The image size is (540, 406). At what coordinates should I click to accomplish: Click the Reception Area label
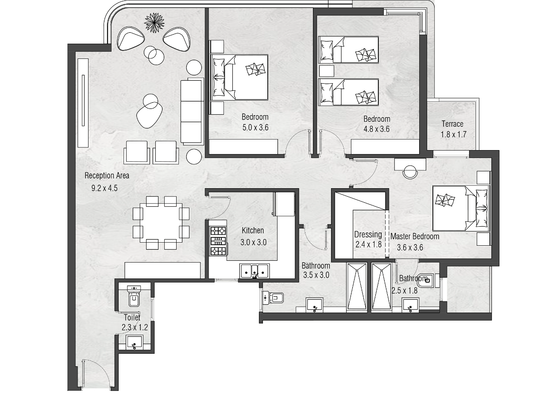coord(107,176)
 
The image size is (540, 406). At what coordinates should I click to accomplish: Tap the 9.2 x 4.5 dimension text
coord(104,188)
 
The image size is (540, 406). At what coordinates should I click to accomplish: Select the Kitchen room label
coord(253,230)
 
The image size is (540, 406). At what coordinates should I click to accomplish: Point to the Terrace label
coord(452,124)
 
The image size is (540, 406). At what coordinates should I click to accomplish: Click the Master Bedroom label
coord(415,236)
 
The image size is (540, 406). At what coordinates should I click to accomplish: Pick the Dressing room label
coord(368,235)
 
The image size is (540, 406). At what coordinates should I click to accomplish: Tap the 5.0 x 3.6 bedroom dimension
coord(255,128)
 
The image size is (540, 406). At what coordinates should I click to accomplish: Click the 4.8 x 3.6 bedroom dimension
coord(377,129)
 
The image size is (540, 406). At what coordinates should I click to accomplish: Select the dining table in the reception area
coord(161,223)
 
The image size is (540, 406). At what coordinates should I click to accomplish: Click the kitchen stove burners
coord(218,241)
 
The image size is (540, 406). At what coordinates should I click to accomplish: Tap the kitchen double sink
coord(255,271)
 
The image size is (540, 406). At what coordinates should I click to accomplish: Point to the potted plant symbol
coord(154,23)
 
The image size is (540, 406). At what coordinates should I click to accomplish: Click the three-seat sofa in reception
coord(192,111)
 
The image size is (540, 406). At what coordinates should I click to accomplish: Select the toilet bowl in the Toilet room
coord(134,296)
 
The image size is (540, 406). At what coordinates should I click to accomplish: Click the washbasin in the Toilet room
coord(134,342)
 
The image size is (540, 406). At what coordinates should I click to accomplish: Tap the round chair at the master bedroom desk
coord(410,172)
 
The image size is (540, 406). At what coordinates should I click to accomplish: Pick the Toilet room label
coord(132,317)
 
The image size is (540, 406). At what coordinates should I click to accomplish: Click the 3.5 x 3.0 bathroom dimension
coord(316,275)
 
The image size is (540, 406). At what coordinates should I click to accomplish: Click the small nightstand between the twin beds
coord(327,71)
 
